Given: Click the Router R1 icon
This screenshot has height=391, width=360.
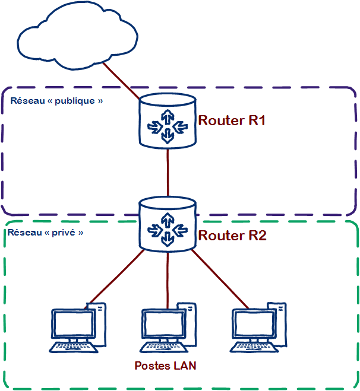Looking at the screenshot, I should coord(168,121).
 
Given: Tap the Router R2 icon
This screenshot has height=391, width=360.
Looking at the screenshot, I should coord(168,225).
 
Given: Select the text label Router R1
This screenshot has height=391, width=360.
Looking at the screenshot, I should coord(231,121).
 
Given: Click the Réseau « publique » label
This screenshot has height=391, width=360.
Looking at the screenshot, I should coord(57,101).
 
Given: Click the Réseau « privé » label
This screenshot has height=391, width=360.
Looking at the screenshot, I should coord(45,232).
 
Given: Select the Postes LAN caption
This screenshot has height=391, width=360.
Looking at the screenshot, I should coord(165,365).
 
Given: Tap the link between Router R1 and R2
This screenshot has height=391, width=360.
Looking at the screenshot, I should coord(168,172).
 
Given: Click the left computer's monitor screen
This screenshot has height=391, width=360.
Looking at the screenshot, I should coord(72,324).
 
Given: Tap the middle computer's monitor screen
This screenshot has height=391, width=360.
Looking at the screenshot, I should coord(163,324).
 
